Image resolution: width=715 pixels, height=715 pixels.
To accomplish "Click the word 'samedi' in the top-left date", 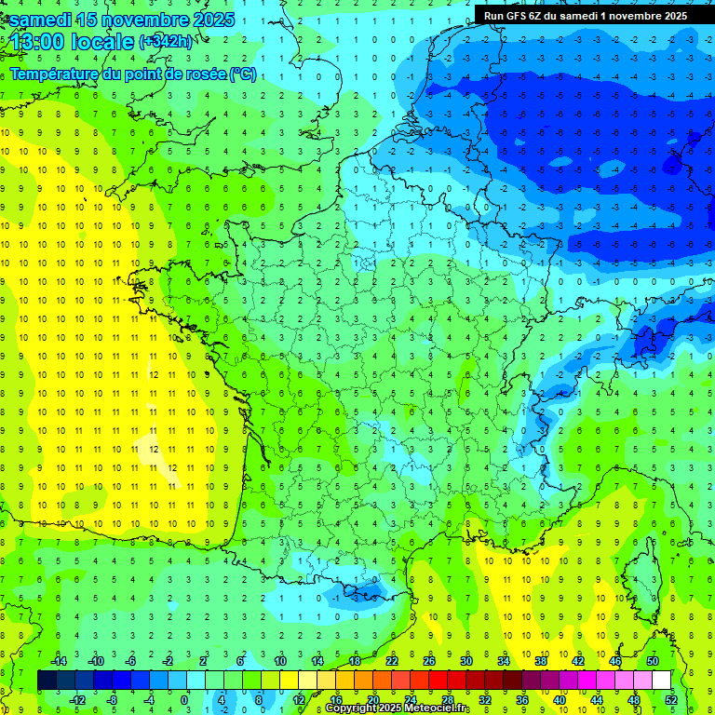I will pyautogui.click(x=42, y=20).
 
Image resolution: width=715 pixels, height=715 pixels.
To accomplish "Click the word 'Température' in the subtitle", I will pyautogui.click(x=54, y=74).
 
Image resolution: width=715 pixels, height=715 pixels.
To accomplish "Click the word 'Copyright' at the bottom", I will pyautogui.click(x=354, y=708).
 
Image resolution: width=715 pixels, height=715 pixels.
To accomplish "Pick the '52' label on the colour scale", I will pyautogui.click(x=671, y=699).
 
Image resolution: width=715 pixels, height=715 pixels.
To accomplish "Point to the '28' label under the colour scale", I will pyautogui.click(x=448, y=699).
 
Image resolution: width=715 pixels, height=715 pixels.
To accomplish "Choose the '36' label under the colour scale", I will pyautogui.click(x=522, y=699).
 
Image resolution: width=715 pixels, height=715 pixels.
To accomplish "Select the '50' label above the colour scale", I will pyautogui.click(x=652, y=661).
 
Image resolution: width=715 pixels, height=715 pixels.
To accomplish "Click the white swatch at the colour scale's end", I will pyautogui.click(x=661, y=681).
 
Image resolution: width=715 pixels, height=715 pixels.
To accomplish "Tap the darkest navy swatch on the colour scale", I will pyautogui.click(x=47, y=681).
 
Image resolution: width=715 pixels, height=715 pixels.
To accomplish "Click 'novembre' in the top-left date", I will pyautogui.click(x=142, y=20).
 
